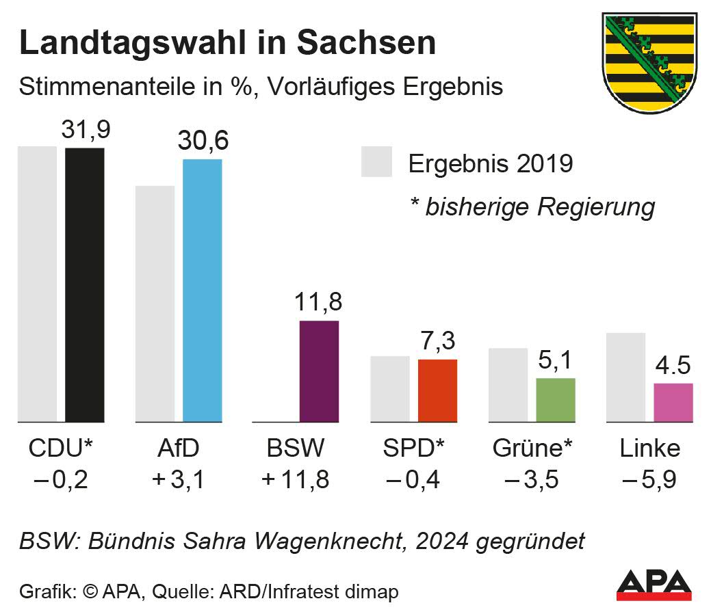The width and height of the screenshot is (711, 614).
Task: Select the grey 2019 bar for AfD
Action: click(x=155, y=304)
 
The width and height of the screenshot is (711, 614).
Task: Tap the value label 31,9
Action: click(x=86, y=130)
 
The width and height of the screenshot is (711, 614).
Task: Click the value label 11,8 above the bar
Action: click(x=318, y=302)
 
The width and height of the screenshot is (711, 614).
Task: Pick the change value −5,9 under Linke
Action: click(x=649, y=479)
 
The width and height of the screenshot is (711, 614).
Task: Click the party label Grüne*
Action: click(x=533, y=449)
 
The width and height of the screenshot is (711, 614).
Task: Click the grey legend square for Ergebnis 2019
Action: click(x=376, y=162)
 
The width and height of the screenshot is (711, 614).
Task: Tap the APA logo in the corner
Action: click(x=654, y=585)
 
